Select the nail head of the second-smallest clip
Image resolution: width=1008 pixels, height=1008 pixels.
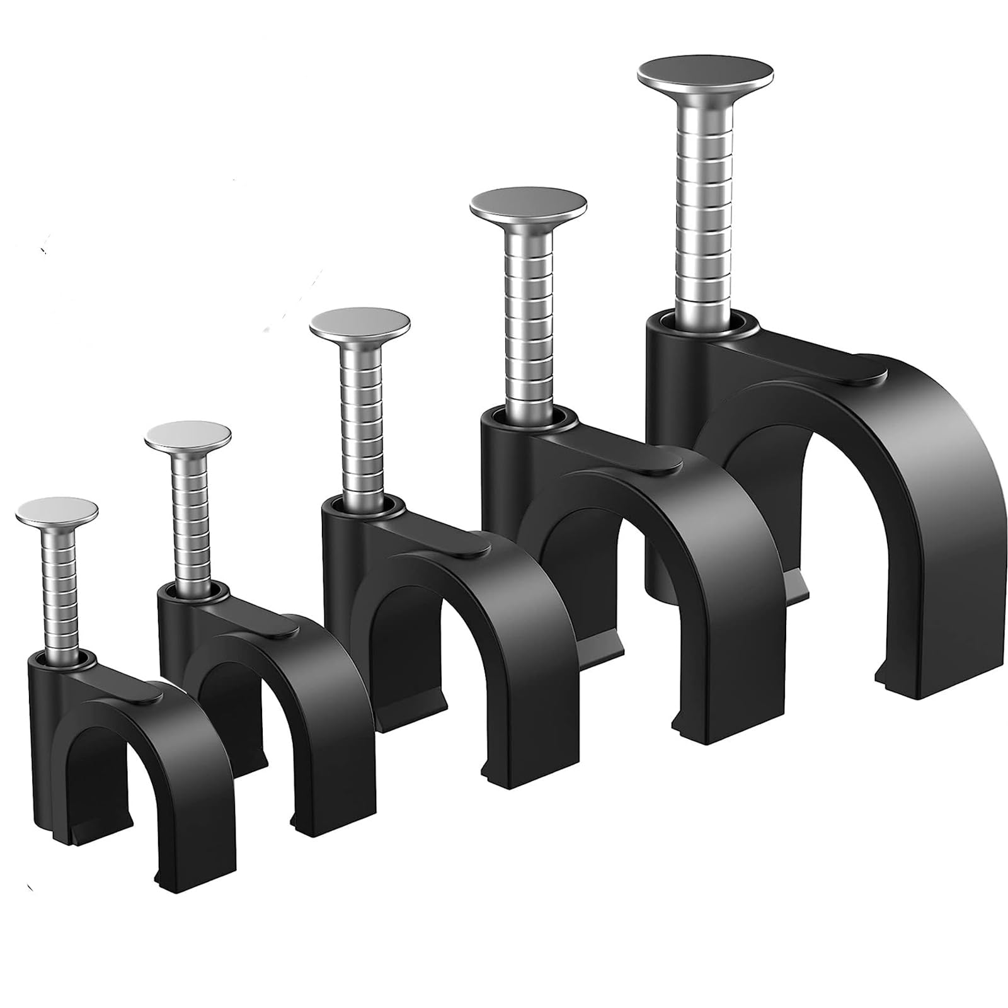click(188, 437)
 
